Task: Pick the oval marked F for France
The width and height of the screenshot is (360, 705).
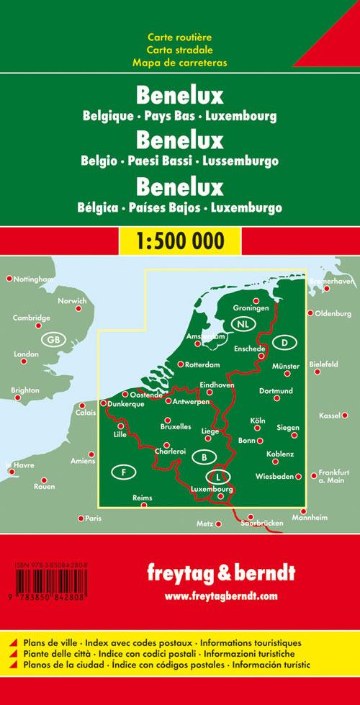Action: coord(125,472)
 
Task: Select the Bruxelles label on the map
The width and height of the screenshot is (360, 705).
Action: coord(176,427)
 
